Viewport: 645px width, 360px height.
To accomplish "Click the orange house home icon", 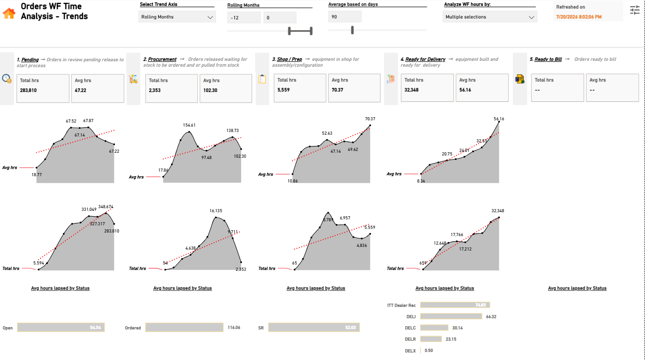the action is (9, 13).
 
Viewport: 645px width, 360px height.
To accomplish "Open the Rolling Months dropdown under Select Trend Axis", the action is (177, 17).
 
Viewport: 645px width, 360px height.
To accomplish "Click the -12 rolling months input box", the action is (243, 18).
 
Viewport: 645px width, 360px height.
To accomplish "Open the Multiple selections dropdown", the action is (489, 17).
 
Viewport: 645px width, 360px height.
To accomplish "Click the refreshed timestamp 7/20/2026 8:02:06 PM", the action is (579, 17).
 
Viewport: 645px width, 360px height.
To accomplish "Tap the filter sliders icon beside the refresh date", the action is (635, 10).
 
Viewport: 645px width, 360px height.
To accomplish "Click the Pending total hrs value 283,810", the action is (28, 91).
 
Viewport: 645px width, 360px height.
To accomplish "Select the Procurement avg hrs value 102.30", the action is (210, 91).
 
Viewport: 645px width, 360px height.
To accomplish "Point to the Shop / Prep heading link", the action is (289, 59).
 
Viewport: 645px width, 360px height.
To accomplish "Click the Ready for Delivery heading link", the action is (425, 59).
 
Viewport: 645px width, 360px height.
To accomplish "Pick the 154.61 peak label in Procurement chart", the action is (189, 125).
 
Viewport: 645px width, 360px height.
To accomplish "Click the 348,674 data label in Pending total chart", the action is (105, 207).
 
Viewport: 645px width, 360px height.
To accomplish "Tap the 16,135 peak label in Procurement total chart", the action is (215, 211).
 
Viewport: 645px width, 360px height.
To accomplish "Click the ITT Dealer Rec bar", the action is (455, 305).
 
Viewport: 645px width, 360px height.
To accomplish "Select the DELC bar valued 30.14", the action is (434, 328).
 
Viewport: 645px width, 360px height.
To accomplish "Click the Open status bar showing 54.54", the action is (61, 328).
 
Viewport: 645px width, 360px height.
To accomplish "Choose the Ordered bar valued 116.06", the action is (184, 328).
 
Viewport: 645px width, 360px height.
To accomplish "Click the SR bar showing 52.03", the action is (314, 328).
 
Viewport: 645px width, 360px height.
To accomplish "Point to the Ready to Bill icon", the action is (520, 79).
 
